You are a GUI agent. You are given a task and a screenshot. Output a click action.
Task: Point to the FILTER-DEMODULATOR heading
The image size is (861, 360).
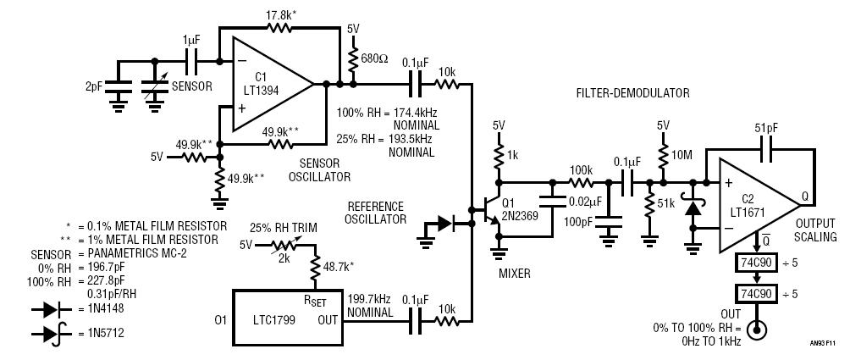click(632, 93)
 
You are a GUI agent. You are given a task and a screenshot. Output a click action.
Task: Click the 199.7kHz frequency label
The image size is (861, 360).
click(369, 300)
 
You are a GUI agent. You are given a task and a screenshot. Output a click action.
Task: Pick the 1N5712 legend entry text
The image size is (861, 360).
click(106, 333)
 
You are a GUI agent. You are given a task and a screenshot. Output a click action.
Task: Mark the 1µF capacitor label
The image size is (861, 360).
click(192, 41)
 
